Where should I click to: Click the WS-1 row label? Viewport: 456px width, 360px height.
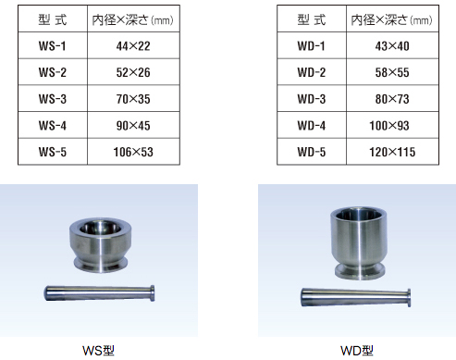pos(52,46)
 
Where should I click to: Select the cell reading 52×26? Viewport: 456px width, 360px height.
pos(133,72)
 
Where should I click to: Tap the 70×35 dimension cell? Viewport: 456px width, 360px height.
pos(133,99)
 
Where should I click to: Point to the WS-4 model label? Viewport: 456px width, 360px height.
pos(52,126)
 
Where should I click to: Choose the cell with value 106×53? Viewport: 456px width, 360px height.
pos(133,152)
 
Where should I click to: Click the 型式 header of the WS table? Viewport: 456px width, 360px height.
pos(53,19)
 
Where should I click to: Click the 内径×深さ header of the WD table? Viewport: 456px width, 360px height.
pos(391,19)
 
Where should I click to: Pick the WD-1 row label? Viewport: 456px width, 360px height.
pos(312,46)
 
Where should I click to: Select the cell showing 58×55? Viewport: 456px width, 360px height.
pos(392,72)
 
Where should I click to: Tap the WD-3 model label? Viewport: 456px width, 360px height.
pos(312,99)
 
